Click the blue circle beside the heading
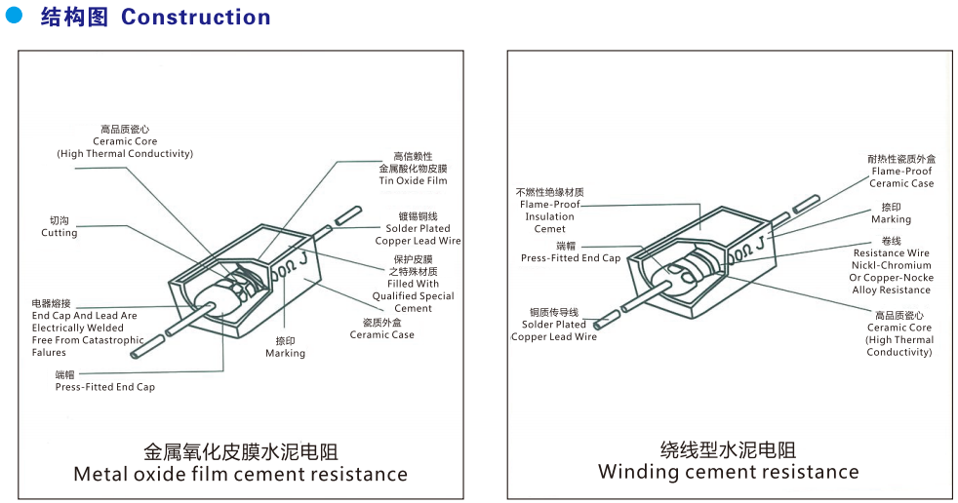(x=14, y=17)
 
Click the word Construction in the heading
(x=195, y=18)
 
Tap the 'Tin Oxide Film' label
(x=413, y=181)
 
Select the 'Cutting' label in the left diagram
(x=59, y=233)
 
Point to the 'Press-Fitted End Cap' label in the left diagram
(x=104, y=387)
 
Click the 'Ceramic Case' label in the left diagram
(x=381, y=334)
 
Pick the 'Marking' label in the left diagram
(x=285, y=353)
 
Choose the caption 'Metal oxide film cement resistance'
(x=241, y=475)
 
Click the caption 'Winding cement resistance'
(x=728, y=472)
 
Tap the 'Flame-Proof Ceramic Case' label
(x=901, y=177)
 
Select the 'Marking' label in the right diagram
(x=891, y=219)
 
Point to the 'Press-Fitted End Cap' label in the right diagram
(x=570, y=258)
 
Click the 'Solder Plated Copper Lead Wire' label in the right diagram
(x=553, y=330)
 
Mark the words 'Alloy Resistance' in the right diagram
(x=891, y=290)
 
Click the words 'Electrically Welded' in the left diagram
(x=77, y=328)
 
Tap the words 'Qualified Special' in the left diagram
(x=413, y=296)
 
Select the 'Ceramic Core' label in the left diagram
(x=125, y=141)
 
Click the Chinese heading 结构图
(x=74, y=18)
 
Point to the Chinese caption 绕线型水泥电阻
(x=728, y=449)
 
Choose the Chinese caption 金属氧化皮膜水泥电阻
(x=241, y=452)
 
